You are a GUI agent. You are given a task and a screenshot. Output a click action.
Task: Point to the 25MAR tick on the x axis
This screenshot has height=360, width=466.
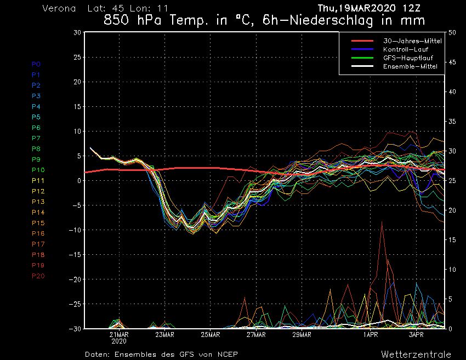point(211,334)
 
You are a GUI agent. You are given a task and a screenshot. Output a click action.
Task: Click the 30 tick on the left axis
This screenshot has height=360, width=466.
point(77,32)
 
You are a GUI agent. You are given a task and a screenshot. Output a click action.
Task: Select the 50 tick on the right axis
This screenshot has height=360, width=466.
point(452,32)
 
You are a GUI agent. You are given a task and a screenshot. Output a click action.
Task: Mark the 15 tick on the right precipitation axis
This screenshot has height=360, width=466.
point(452,239)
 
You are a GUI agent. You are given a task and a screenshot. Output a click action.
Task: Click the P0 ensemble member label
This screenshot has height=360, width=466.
point(36,64)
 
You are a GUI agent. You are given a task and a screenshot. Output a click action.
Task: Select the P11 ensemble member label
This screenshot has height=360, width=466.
point(38,181)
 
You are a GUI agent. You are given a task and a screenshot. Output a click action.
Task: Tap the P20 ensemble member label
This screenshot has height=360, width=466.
point(38,276)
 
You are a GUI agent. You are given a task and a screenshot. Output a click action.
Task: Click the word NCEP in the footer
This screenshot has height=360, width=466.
point(226,354)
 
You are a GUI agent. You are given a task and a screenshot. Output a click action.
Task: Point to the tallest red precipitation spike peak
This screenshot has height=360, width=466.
point(382,221)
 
